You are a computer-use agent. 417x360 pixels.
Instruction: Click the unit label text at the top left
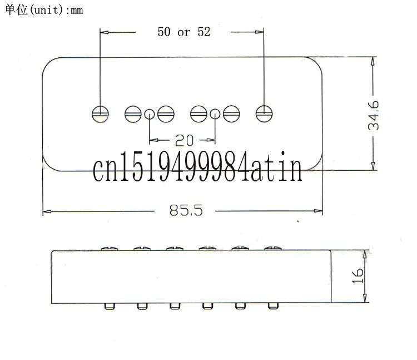click(44, 10)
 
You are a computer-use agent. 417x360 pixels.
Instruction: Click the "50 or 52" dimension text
click(184, 32)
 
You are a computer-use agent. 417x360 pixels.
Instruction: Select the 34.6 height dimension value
click(374, 115)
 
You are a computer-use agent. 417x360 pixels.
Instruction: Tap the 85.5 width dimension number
click(186, 210)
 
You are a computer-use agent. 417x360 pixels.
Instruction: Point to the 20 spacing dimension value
click(184, 140)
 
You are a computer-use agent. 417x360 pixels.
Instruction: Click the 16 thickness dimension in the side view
click(358, 276)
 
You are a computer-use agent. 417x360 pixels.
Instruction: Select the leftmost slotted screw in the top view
click(100, 114)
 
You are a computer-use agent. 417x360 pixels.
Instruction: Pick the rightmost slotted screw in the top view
click(264, 114)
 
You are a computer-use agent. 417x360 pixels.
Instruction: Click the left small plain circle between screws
click(150, 115)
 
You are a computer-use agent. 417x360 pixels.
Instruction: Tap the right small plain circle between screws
click(215, 114)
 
